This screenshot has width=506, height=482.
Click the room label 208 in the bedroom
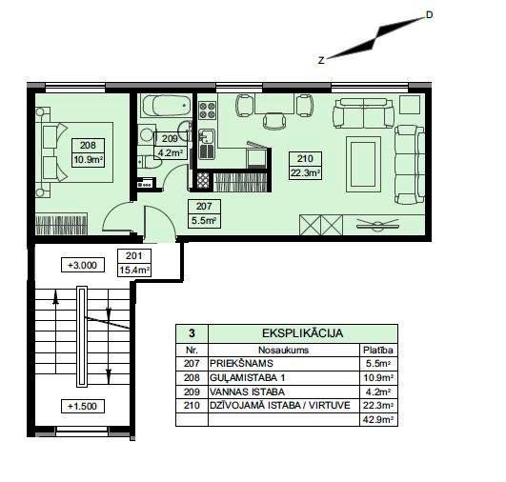coord(88,146)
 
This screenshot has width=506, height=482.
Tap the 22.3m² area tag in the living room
coord(305,173)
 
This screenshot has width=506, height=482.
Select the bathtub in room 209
coord(167,105)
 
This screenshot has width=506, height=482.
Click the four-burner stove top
coord(207,110)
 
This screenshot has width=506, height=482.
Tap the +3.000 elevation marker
coord(83,265)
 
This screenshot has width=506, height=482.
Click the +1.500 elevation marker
coord(83,406)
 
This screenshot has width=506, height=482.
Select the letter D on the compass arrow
coord(429,15)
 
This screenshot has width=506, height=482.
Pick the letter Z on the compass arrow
coord(321,60)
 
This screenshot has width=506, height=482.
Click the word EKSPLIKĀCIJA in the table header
coord(302,333)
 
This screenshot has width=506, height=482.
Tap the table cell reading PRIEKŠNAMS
coord(241,364)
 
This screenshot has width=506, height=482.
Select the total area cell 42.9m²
coord(378,420)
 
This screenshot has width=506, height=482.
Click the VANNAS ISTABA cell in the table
coord(247,392)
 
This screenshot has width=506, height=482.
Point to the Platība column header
coord(378,350)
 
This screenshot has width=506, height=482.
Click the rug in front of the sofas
coord(363,164)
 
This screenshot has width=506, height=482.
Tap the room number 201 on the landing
coord(134,256)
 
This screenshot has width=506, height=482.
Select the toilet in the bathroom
coord(150,162)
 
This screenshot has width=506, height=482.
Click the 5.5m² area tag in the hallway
coord(204,221)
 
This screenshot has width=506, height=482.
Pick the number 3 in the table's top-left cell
coord(192,333)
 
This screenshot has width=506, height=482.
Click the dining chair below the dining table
coord(274,121)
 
